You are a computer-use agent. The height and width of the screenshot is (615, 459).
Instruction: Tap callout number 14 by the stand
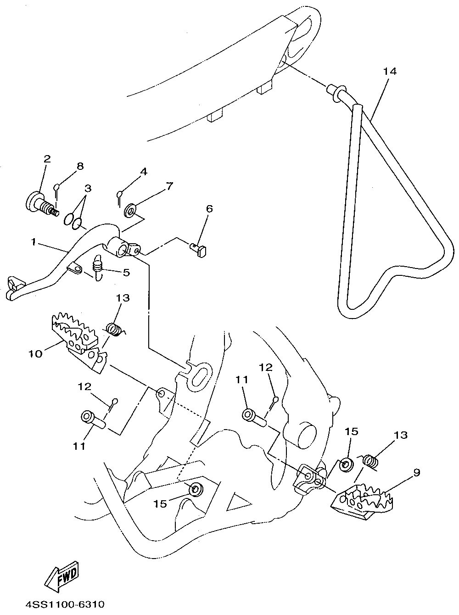pyautogui.click(x=390, y=71)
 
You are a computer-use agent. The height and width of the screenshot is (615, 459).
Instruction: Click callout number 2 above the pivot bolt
pyautogui.click(x=47, y=159)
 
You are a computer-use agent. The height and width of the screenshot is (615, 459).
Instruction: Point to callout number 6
pyautogui.click(x=209, y=209)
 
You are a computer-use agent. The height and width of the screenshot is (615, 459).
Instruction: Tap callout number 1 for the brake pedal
pyautogui.click(x=34, y=242)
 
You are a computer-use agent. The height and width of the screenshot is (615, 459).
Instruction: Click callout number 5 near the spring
pyautogui.click(x=126, y=272)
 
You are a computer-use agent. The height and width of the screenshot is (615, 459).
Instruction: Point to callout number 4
pyautogui.click(x=143, y=172)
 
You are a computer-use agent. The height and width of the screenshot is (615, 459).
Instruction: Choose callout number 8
pyautogui.click(x=80, y=166)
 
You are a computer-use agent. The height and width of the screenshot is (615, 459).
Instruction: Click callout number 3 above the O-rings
pyautogui.click(x=87, y=188)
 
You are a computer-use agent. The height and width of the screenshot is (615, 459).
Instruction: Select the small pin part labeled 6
pyautogui.click(x=200, y=250)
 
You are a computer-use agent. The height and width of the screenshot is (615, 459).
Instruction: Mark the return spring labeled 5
pyautogui.click(x=98, y=265)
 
